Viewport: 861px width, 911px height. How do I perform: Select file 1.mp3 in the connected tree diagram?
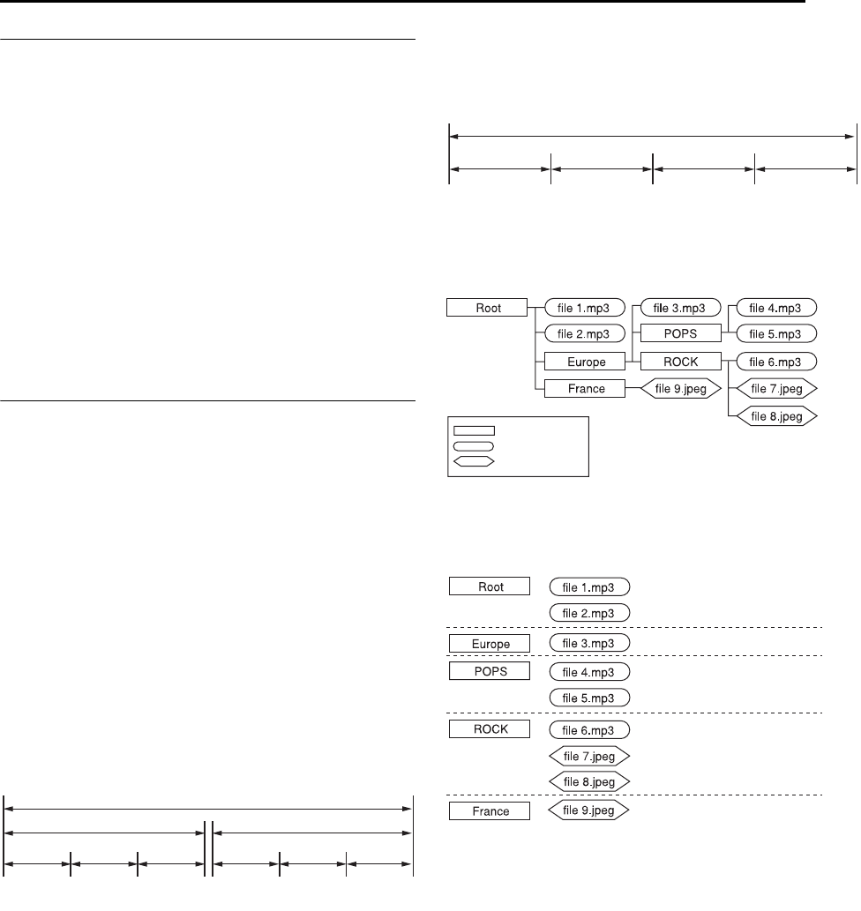click(584, 308)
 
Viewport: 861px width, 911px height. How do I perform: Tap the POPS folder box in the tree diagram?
click(680, 334)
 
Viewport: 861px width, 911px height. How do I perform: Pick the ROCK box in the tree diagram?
click(680, 361)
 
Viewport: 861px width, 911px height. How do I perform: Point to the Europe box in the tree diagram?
click(584, 361)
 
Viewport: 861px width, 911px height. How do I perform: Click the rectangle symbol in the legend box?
click(475, 431)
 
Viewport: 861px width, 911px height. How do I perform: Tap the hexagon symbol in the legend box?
click(475, 459)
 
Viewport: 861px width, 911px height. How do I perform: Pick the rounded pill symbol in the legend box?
click(475, 445)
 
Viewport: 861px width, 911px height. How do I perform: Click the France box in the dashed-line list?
click(490, 810)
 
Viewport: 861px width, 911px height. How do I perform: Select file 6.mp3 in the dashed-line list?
click(588, 729)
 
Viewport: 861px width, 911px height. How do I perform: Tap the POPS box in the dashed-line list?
click(490, 671)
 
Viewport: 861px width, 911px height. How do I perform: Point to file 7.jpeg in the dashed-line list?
click(588, 756)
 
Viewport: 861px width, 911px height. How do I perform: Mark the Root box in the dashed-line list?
click(490, 586)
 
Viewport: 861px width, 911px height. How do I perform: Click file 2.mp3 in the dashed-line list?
click(588, 612)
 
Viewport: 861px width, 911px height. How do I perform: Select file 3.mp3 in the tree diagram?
click(680, 308)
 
